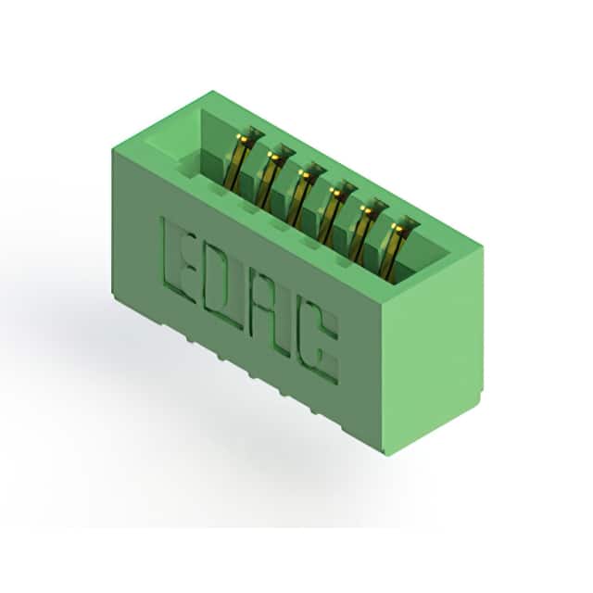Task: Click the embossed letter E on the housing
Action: click(179, 261)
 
